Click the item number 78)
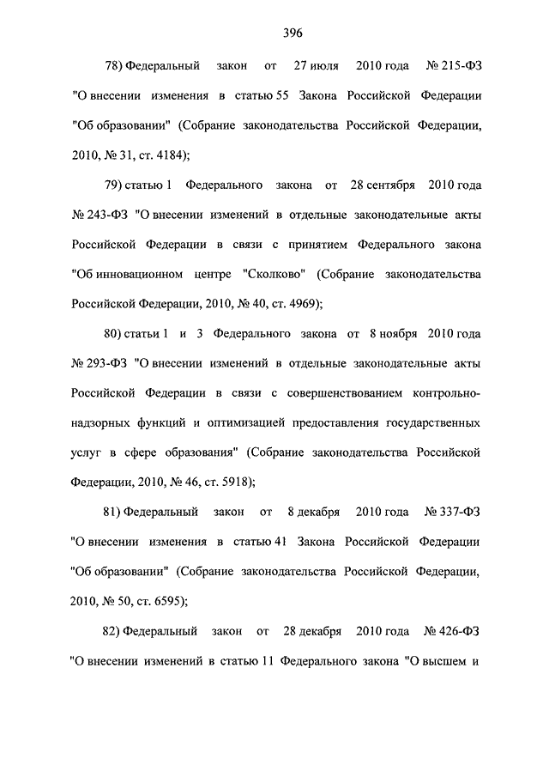[x=114, y=65]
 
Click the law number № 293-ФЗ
[x=99, y=365]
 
